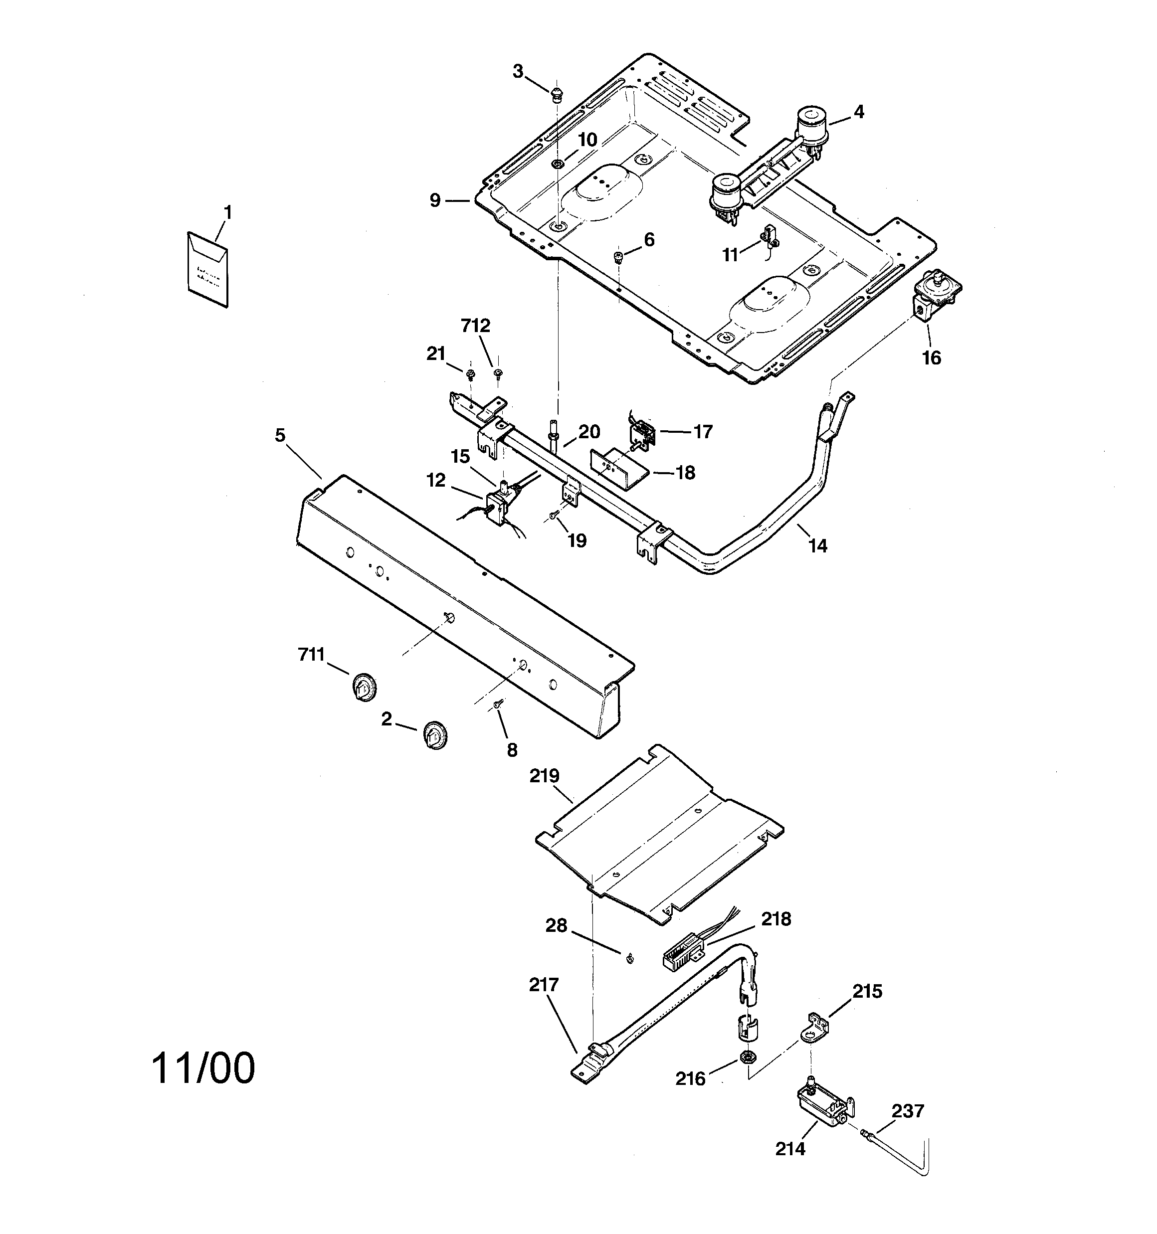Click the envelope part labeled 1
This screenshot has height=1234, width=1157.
pos(207,269)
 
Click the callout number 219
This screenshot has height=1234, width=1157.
pos(545,776)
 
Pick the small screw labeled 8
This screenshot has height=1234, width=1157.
pos(497,704)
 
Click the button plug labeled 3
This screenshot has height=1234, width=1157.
pos(557,95)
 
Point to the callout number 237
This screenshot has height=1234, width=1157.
pos(908,1110)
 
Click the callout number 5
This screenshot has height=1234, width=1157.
pos(280,435)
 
